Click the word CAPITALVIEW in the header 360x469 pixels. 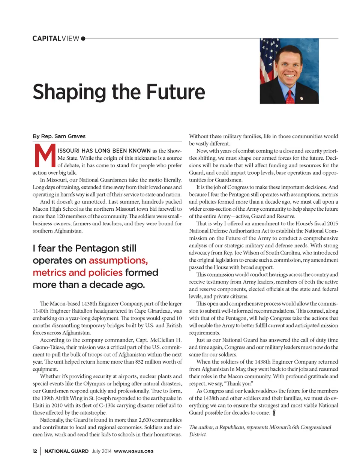tap(56, 39)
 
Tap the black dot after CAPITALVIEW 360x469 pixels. tap(83, 38)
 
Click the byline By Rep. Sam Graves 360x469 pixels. tap(59, 136)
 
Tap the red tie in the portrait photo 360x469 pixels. tap(290, 96)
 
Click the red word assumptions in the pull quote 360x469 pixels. tap(118, 260)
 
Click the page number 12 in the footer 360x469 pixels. tap(35, 451)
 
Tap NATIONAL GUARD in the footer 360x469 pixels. tap(66, 451)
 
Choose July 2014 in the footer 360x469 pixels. tap(101, 451)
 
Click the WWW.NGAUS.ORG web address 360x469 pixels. tap(133, 451)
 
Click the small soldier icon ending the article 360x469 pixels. tap(274, 413)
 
